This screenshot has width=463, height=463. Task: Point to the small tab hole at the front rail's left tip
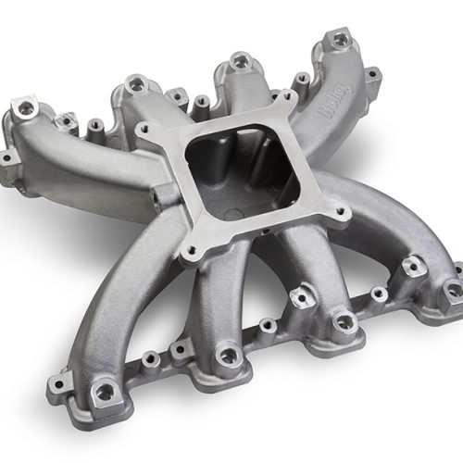[64, 381]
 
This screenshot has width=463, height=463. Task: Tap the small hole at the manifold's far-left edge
[7, 158]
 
